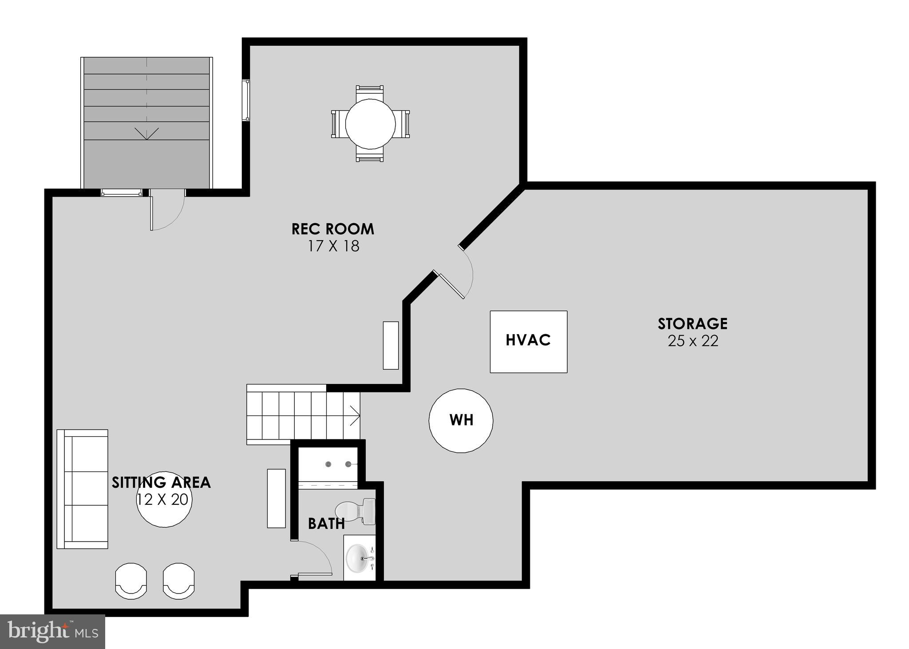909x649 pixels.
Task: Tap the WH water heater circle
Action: [x=461, y=420]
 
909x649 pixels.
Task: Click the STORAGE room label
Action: [x=692, y=324]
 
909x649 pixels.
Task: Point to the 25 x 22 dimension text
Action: [x=692, y=341]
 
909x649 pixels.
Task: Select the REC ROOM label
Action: [x=333, y=229]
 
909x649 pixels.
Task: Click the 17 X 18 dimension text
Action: [x=334, y=246]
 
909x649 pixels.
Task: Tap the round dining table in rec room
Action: [x=370, y=124]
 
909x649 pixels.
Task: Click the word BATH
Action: [x=326, y=524]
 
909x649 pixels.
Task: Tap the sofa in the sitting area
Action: [x=83, y=489]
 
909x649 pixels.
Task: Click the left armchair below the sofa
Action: [x=131, y=580]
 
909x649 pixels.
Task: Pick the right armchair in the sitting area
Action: [x=178, y=580]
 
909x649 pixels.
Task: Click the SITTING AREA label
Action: [x=161, y=483]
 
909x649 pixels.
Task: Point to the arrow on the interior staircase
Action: [x=355, y=416]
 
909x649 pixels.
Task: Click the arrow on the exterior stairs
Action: [x=146, y=133]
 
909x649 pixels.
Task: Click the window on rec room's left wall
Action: [x=245, y=100]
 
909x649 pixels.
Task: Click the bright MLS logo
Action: [x=52, y=631]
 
